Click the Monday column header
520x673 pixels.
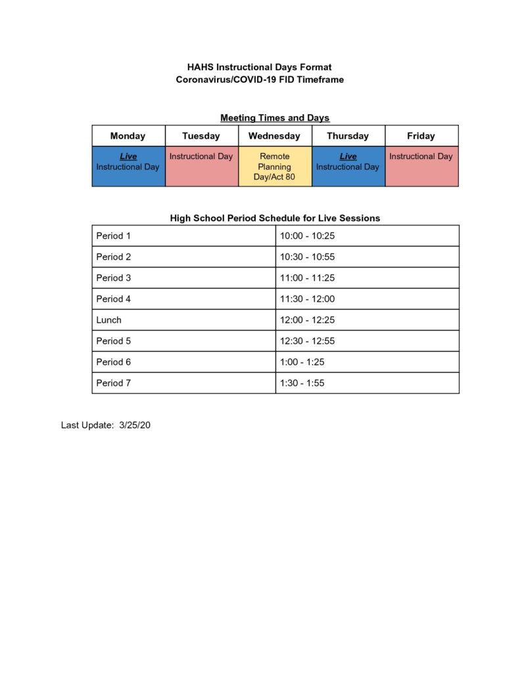(x=128, y=136)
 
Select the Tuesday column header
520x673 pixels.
(x=201, y=136)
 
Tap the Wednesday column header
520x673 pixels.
(x=274, y=136)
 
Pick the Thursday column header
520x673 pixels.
(x=348, y=136)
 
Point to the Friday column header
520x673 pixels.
(x=421, y=136)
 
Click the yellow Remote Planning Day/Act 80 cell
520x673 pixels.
(x=275, y=167)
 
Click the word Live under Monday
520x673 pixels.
(x=128, y=156)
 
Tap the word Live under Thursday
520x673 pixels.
(x=348, y=156)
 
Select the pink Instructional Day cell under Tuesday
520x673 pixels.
(x=201, y=167)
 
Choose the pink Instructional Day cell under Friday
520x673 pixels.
(x=421, y=167)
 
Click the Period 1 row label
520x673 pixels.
(x=114, y=236)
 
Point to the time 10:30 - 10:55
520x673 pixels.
(x=307, y=257)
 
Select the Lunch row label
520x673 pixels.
(x=109, y=320)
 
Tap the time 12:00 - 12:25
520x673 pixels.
(x=307, y=320)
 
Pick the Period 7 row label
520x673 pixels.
(x=114, y=383)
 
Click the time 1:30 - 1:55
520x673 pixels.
(x=302, y=383)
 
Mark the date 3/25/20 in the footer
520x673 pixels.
(x=135, y=425)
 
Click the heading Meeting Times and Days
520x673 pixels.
(x=275, y=118)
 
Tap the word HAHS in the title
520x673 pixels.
(x=201, y=67)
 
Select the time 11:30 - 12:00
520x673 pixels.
(x=307, y=299)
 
